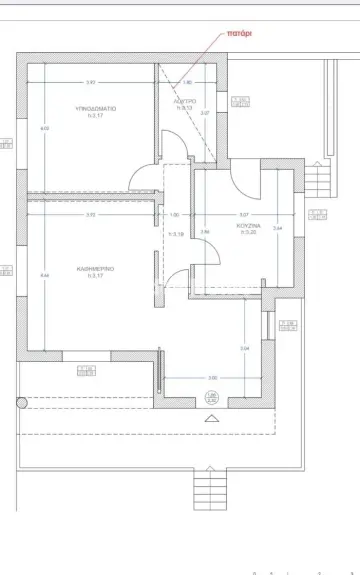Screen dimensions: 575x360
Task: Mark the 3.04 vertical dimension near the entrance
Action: click(245, 347)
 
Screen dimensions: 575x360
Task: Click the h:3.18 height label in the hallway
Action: click(178, 234)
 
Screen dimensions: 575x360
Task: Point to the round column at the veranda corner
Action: click(20, 404)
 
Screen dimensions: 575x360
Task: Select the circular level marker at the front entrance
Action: click(211, 397)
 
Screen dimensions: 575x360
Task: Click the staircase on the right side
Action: click(317, 180)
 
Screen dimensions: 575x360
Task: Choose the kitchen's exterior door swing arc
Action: click(243, 181)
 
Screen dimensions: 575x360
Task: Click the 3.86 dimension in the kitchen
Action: click(205, 231)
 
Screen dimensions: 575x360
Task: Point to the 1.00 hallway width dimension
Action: click(175, 215)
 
